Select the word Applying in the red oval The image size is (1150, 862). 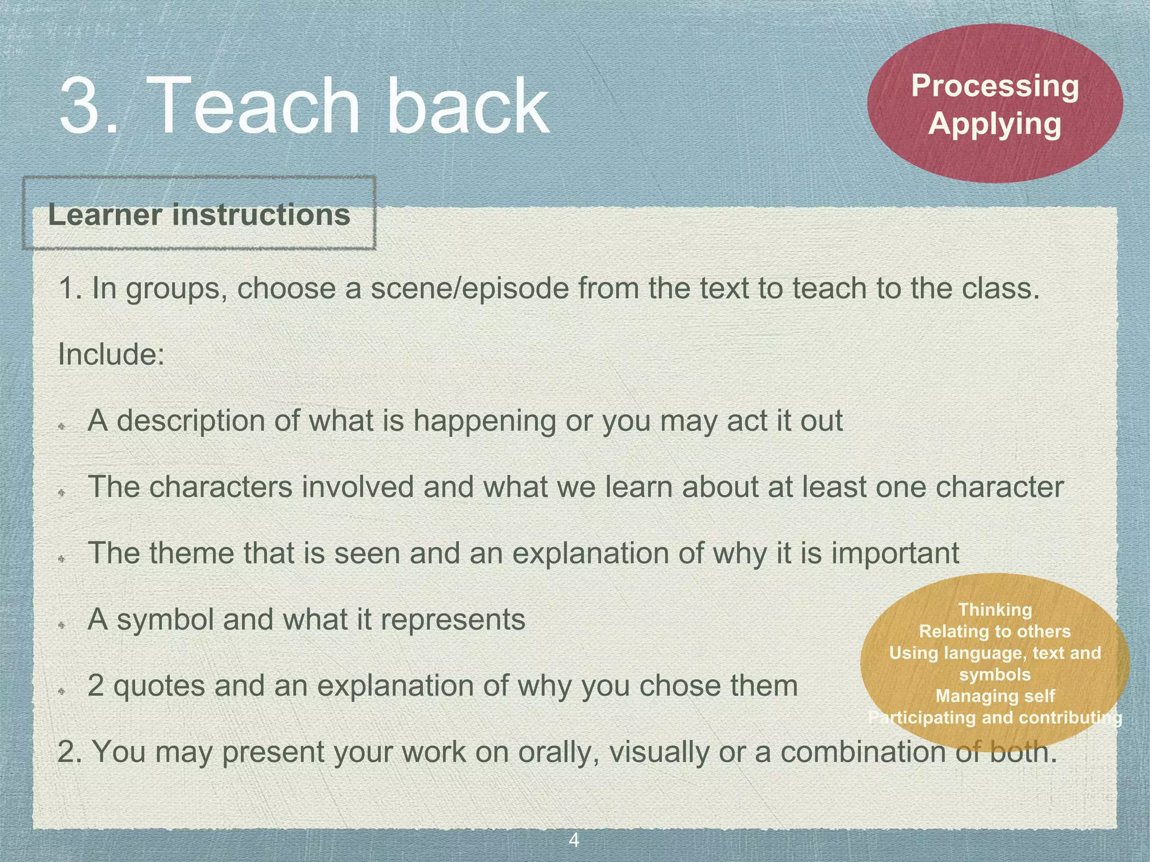[x=995, y=123]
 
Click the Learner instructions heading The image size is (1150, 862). [x=199, y=215]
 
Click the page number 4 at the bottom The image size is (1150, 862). [x=574, y=840]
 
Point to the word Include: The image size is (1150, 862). [x=111, y=355]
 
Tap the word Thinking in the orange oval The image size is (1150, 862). [x=995, y=609]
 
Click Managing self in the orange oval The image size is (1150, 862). [x=995, y=696]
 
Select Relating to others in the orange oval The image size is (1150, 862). [x=995, y=631]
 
